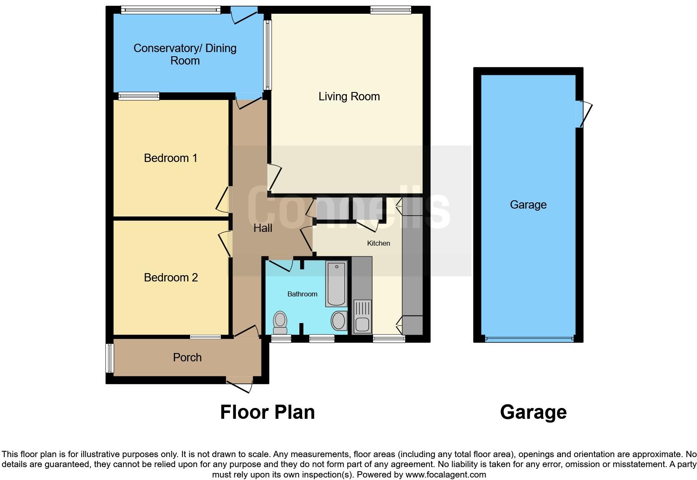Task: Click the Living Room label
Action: (x=349, y=97)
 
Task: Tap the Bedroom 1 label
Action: (x=170, y=158)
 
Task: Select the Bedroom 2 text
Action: (x=170, y=278)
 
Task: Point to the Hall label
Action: (x=263, y=228)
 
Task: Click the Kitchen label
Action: (x=378, y=243)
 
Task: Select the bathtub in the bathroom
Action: (x=336, y=284)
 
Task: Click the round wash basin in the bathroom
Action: (x=338, y=321)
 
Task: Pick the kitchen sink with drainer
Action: (x=362, y=316)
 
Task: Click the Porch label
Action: (x=187, y=357)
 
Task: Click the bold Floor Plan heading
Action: (x=267, y=412)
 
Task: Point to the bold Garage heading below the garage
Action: (x=533, y=412)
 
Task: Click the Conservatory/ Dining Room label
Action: (x=185, y=55)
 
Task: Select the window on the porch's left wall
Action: (x=109, y=358)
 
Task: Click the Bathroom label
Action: (x=302, y=294)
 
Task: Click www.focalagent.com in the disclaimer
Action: (x=445, y=475)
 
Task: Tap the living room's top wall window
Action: (x=391, y=10)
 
